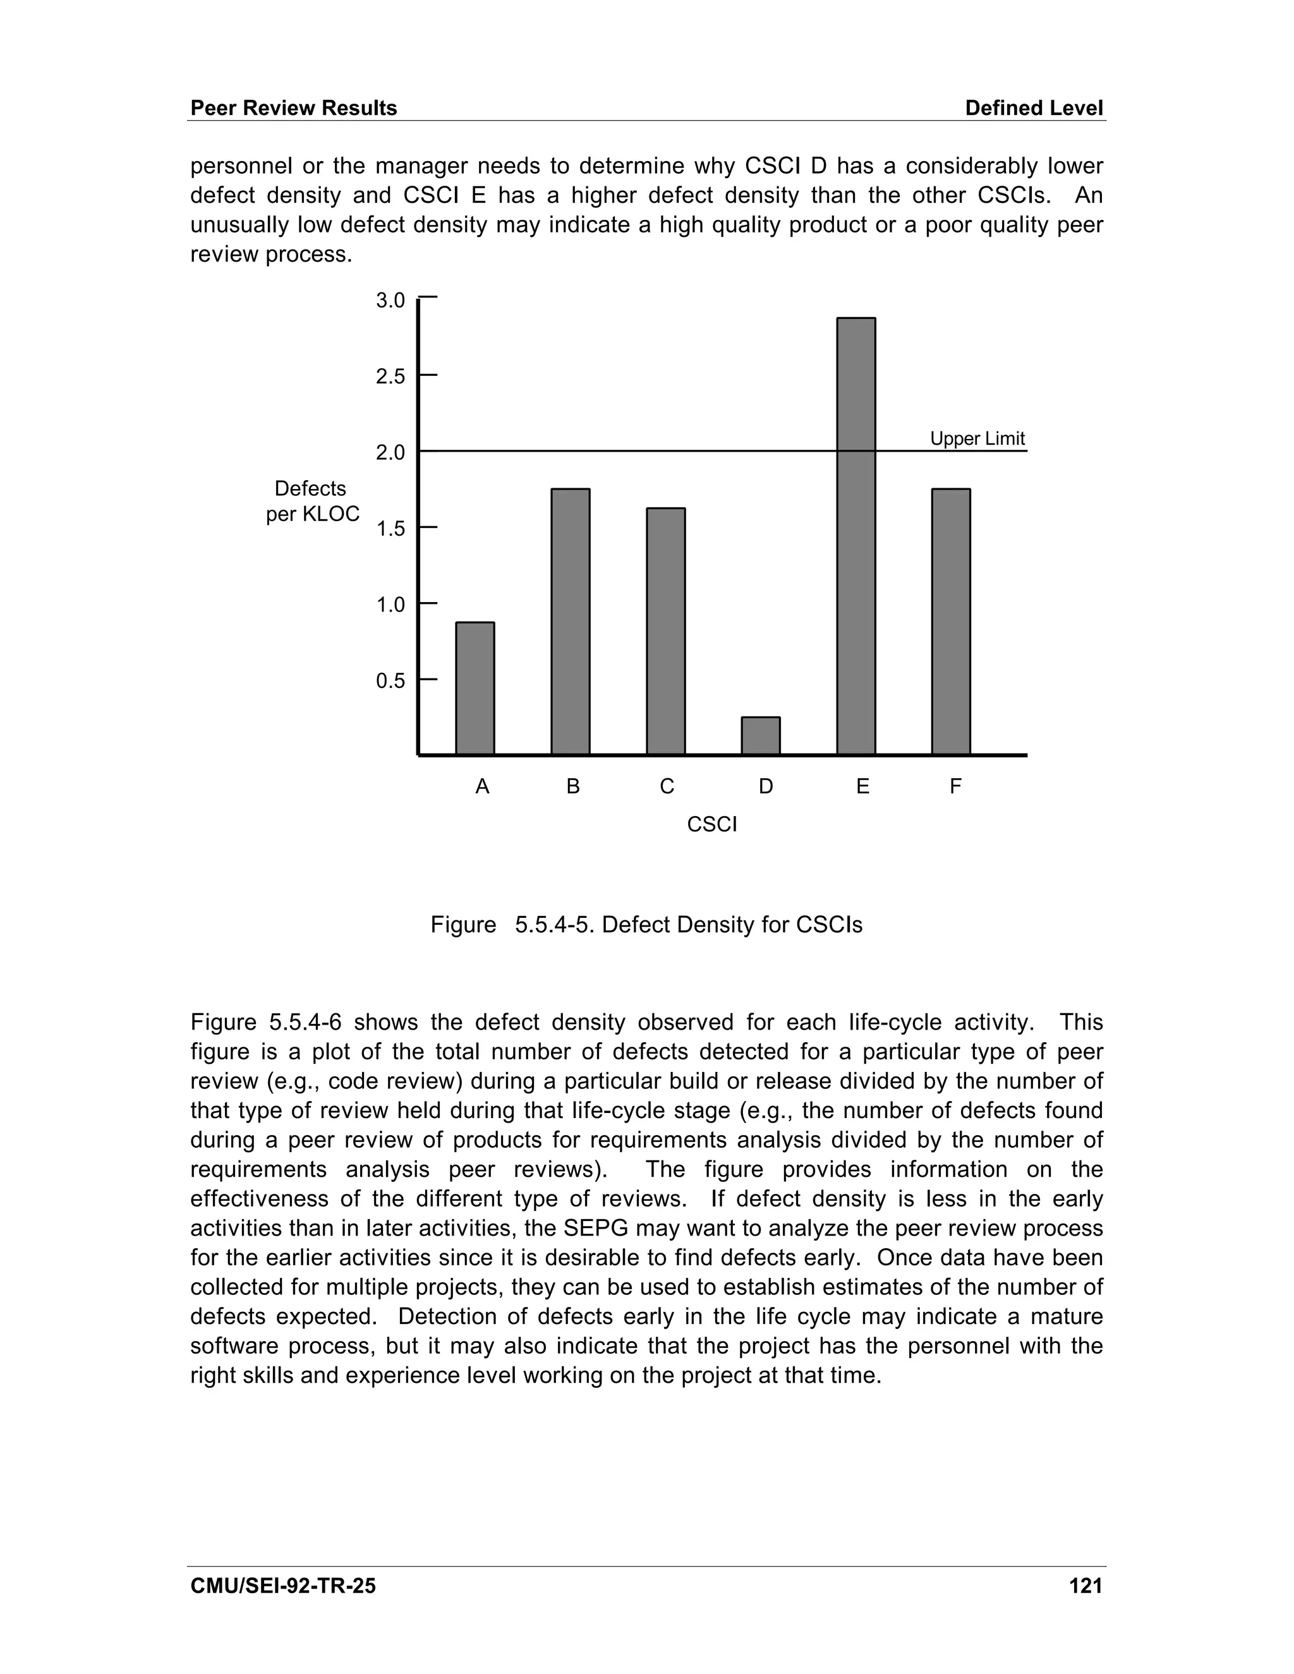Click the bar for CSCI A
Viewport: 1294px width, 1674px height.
(x=475, y=689)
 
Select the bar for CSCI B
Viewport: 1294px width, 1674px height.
(x=571, y=622)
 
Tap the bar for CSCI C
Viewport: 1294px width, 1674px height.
(x=665, y=632)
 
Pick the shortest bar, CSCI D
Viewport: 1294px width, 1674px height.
(x=761, y=736)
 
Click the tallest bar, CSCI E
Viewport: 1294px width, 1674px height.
(x=856, y=536)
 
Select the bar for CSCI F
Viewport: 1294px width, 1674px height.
(x=950, y=622)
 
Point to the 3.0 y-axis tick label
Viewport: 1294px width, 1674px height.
(x=390, y=301)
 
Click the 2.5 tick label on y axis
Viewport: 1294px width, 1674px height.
(x=390, y=376)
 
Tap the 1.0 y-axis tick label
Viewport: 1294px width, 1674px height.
(x=390, y=605)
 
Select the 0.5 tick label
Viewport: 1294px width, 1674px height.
(x=390, y=680)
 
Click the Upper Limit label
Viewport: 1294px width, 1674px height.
(x=977, y=438)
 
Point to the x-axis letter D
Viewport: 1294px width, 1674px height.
(x=765, y=786)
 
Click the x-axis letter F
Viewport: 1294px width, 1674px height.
(x=955, y=786)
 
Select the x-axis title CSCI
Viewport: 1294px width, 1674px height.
(x=711, y=825)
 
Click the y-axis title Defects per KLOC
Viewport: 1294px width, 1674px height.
(x=312, y=502)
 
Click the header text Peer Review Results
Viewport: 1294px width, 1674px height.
(x=294, y=108)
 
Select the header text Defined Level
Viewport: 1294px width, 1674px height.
(x=1033, y=108)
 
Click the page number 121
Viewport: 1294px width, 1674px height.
(x=1085, y=1585)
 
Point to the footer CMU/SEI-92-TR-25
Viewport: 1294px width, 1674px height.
(x=283, y=1585)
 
